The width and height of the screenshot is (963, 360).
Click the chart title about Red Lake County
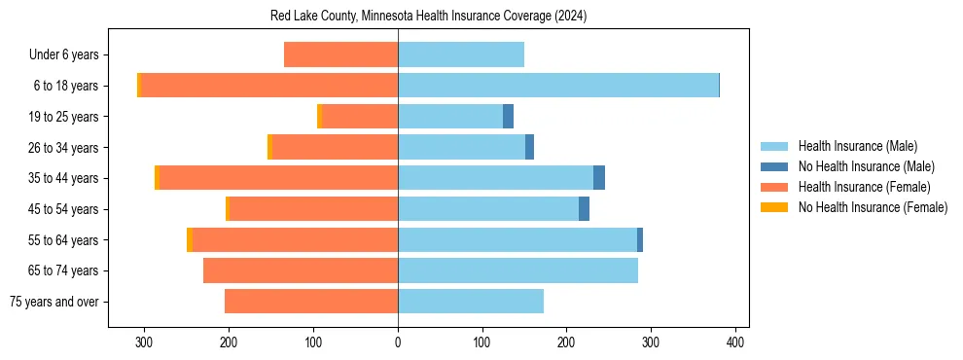pos(428,17)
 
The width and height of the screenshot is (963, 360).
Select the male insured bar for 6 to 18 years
pos(557,86)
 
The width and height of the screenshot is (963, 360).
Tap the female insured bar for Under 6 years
pos(340,54)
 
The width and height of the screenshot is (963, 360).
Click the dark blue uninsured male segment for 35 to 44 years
pos(599,178)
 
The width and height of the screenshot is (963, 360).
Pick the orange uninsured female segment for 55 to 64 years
pos(190,239)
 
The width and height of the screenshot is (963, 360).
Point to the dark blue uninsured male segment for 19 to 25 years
pos(508,117)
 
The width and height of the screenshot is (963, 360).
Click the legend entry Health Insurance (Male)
pos(857,146)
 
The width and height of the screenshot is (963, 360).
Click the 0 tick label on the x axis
pos(398,342)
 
